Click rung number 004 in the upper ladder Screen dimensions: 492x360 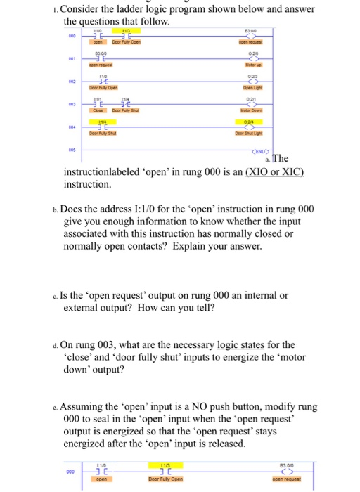(71, 128)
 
